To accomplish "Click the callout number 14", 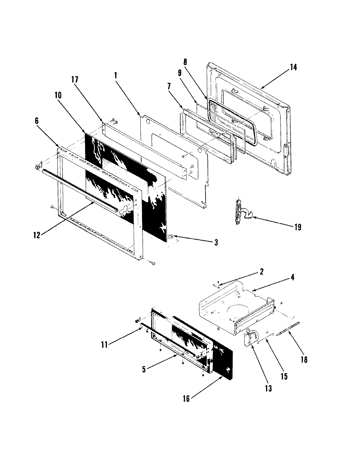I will [x=293, y=67].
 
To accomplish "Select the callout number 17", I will [x=75, y=79].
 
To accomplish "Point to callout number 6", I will [x=36, y=121].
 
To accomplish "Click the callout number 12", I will [x=37, y=235].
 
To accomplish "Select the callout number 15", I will [x=284, y=376].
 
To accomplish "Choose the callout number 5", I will [x=144, y=369].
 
